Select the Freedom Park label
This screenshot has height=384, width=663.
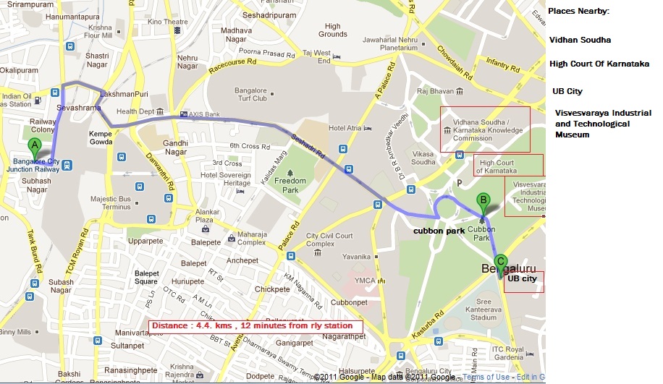click(x=290, y=185)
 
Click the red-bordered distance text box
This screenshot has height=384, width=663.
click(x=256, y=326)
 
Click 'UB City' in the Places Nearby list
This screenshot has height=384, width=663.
click(x=567, y=92)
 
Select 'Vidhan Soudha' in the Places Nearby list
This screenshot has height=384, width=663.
click(x=580, y=40)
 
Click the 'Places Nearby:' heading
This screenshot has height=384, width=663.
click(x=579, y=12)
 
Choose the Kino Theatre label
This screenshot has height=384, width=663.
click(x=163, y=22)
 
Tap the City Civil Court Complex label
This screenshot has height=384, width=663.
click(x=329, y=240)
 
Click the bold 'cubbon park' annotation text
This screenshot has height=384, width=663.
click(x=439, y=231)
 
